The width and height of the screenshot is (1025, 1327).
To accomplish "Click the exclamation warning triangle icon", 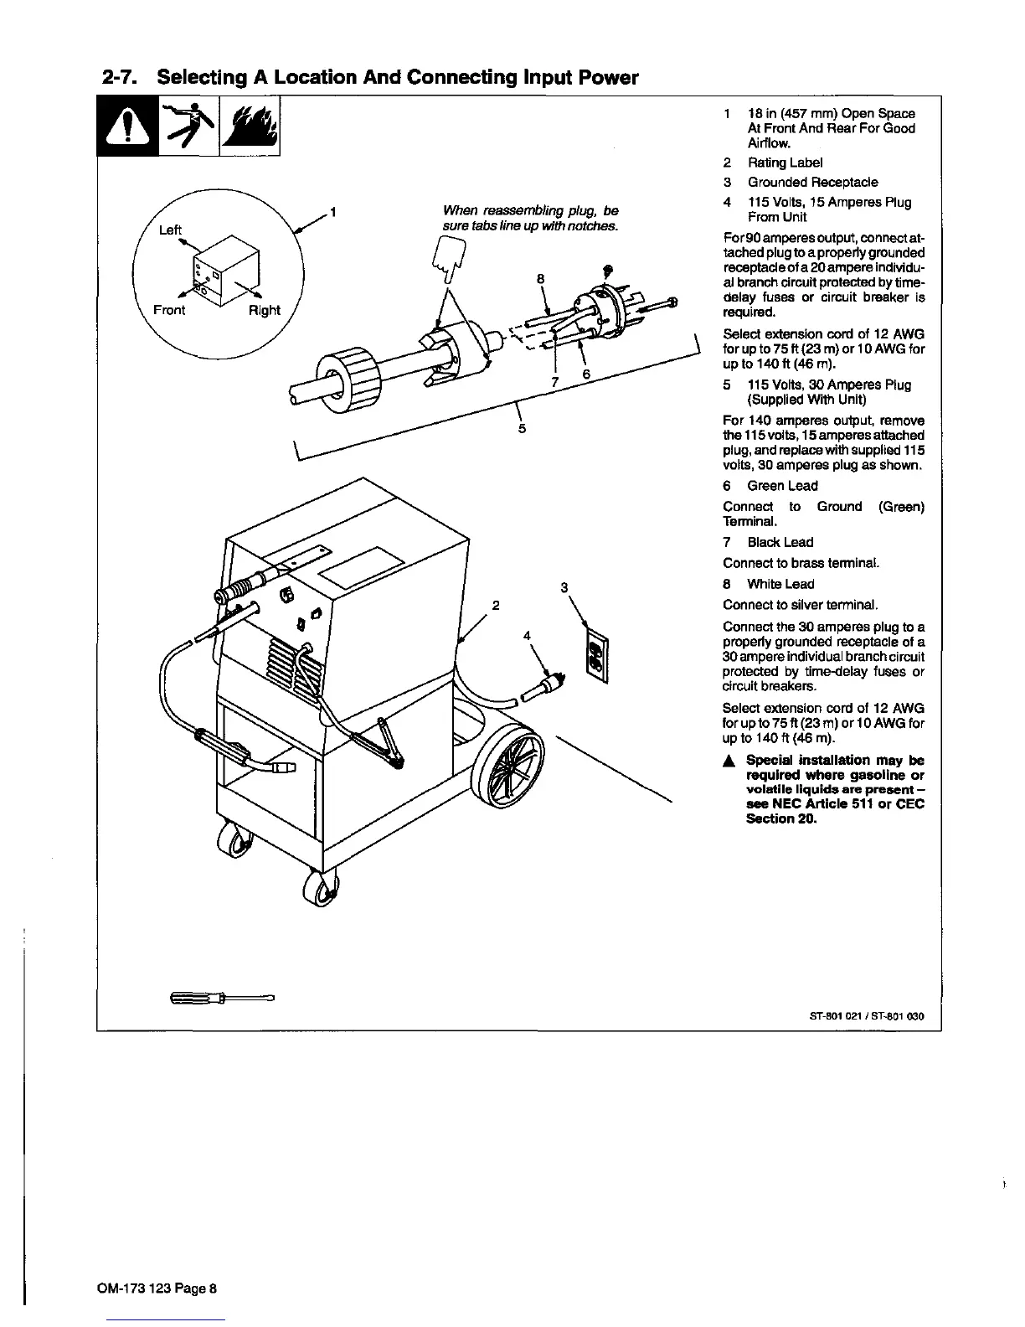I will click(x=127, y=127).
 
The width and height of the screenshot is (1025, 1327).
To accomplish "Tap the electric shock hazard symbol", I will click(x=188, y=126).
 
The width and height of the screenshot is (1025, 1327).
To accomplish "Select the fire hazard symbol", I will click(x=250, y=127).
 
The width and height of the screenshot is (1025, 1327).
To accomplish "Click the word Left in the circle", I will click(x=170, y=230).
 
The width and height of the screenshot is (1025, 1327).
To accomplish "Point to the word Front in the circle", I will click(x=169, y=310).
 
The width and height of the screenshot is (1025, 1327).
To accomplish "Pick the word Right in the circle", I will click(x=265, y=310).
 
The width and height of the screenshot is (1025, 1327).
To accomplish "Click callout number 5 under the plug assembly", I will click(x=522, y=429).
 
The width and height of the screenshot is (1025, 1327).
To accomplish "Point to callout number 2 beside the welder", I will click(x=496, y=605).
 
